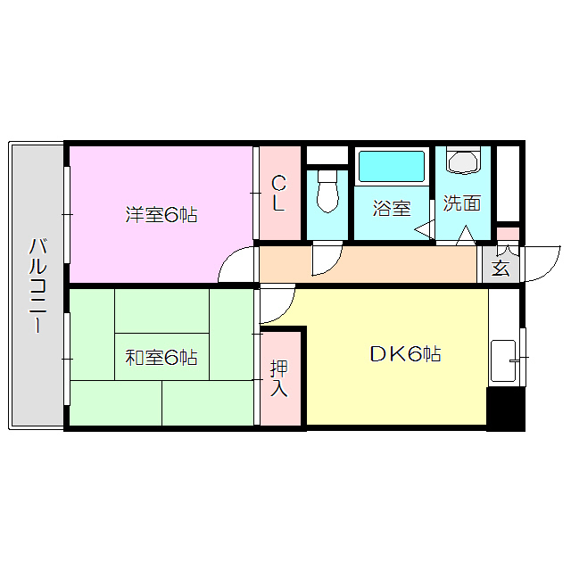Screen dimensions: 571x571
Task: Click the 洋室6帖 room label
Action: pos(161,214)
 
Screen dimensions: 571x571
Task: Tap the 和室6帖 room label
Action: pos(161,358)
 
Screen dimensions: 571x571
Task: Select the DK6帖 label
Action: pos(405,354)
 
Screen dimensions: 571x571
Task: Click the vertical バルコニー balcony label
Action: pos(37,285)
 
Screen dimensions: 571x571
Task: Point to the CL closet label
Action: pos(279,194)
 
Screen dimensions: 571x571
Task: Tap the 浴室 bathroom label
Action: pos(392,209)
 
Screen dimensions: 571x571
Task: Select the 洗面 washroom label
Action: pos(462,203)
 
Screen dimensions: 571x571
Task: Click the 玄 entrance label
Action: pos(501,267)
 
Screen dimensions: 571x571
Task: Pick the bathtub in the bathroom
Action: pos(392,167)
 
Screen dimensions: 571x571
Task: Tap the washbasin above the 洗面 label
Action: pos(463,161)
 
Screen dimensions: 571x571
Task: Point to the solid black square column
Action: pos(505,408)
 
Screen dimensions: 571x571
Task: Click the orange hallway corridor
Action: pos(393,264)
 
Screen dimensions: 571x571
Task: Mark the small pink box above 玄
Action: pos(507,236)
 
